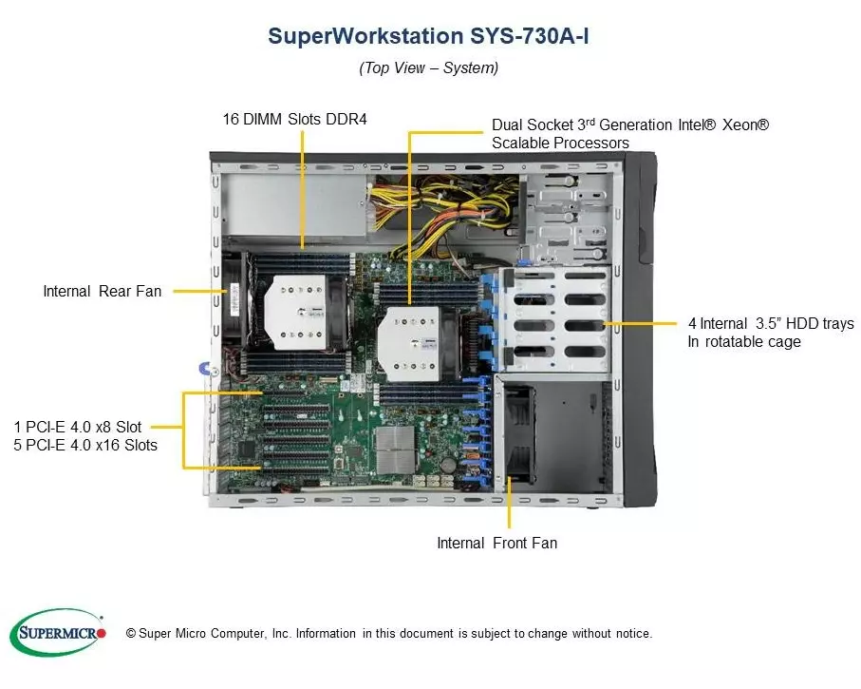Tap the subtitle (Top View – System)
coord(428,67)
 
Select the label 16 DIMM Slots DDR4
coord(294,119)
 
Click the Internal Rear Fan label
coord(103,291)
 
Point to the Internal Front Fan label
coord(496,543)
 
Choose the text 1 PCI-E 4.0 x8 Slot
coord(78,427)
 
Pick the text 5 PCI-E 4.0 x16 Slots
coord(85,445)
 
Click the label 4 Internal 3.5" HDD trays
coord(770,323)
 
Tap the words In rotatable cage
coord(743,341)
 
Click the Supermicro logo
coord(57,632)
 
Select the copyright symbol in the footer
coord(132,633)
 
